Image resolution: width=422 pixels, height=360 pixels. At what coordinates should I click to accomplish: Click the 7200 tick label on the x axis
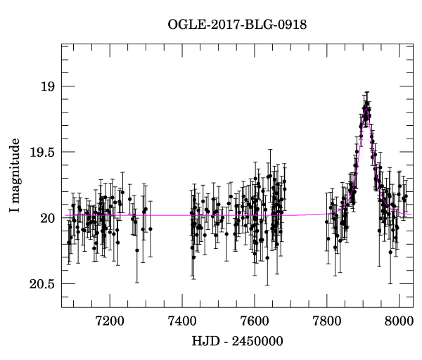[110, 321]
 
